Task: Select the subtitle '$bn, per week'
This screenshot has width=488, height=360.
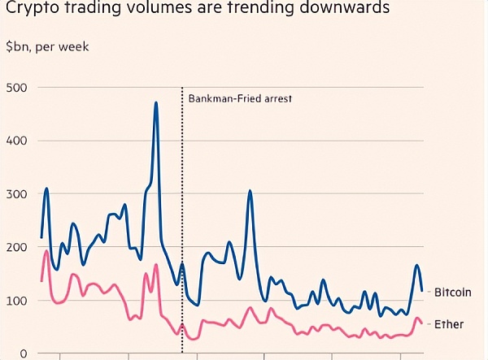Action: (x=47, y=46)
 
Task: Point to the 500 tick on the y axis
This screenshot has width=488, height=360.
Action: (x=16, y=88)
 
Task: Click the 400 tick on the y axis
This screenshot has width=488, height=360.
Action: (x=16, y=141)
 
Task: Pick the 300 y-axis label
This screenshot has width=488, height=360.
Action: (x=16, y=194)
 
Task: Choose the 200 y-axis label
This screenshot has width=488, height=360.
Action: (x=16, y=247)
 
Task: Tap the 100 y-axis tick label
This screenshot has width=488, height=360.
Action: (x=16, y=301)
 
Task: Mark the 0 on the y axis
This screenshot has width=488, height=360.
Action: (x=24, y=353)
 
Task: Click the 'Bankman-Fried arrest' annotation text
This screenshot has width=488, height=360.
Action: (x=240, y=99)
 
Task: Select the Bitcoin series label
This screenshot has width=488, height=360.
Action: (x=453, y=292)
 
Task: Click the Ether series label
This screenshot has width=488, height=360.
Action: (x=448, y=324)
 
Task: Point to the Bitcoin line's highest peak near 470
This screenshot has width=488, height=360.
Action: (x=155, y=103)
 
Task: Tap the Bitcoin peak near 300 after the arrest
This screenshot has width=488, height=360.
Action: (x=251, y=192)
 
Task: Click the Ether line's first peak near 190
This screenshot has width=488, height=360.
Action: (x=46, y=252)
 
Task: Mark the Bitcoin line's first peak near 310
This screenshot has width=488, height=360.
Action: (x=47, y=189)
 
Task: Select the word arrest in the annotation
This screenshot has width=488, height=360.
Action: (x=277, y=99)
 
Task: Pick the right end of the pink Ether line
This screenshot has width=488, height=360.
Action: (x=421, y=322)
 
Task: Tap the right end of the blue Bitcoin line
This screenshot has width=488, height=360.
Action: (x=421, y=288)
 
